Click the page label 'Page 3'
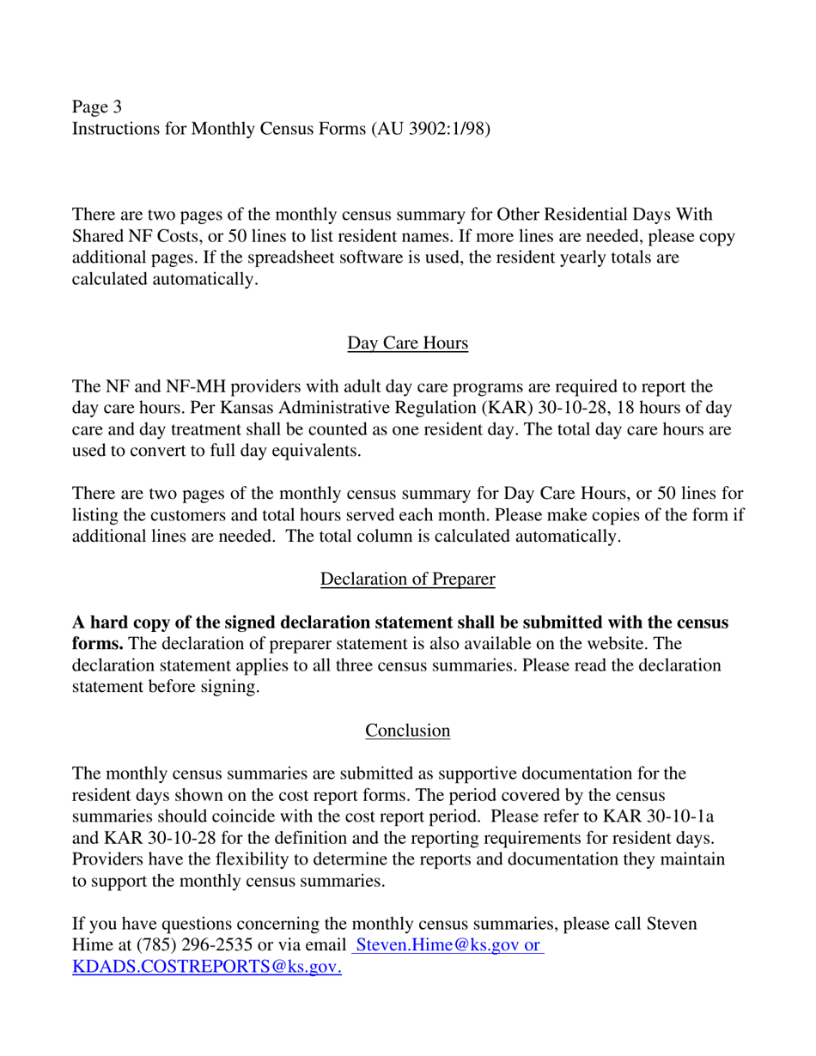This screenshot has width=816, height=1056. tap(97, 107)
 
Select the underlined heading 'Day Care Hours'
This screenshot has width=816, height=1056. tap(407, 343)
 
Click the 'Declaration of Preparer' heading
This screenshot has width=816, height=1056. tap(407, 580)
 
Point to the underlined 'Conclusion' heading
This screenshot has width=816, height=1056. tap(407, 731)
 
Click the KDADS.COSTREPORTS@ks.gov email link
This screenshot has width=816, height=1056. tap(207, 968)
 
